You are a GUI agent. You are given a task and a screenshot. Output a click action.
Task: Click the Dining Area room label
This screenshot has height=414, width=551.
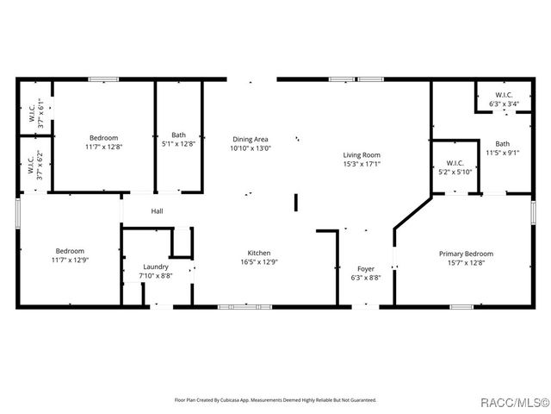point(250,139)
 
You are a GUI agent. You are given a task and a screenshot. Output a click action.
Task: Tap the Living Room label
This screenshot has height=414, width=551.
point(362,154)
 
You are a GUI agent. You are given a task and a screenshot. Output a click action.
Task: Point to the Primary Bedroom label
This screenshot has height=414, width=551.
point(466,254)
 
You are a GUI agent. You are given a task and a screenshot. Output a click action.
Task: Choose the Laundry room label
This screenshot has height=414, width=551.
point(155,267)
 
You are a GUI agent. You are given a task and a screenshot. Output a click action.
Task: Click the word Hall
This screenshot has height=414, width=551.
point(158,211)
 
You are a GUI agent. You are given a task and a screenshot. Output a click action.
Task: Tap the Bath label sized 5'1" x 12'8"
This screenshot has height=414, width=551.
point(178,135)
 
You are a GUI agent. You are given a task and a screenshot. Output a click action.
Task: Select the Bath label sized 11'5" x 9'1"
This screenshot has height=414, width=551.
point(502,144)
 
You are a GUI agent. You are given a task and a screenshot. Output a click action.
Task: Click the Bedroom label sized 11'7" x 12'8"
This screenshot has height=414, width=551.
point(103,138)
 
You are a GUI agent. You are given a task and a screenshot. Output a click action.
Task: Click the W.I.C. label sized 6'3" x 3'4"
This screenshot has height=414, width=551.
point(505,95)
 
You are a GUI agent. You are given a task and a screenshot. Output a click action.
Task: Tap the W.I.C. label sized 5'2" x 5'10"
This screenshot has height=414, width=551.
point(455,163)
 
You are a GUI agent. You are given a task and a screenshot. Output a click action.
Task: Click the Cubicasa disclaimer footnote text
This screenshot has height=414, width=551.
point(275,400)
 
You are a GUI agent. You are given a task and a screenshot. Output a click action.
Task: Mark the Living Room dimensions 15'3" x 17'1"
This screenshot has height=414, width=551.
point(362,164)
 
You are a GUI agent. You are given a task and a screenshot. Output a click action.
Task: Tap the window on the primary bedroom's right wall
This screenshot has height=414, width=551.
point(533,213)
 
